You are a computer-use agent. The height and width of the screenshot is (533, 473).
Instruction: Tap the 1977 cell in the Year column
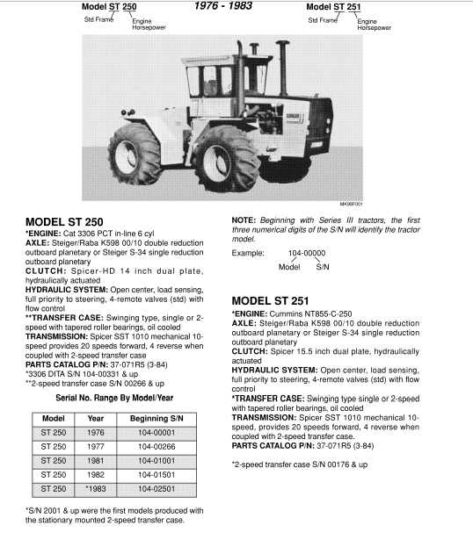pos(96,446)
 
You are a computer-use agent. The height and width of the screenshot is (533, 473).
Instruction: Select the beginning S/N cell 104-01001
pos(156,460)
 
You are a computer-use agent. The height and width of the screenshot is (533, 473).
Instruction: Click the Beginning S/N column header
pos(156,418)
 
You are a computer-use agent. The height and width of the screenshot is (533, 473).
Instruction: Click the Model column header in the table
pos(53,418)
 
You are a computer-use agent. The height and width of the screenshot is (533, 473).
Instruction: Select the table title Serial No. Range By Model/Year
pos(106,397)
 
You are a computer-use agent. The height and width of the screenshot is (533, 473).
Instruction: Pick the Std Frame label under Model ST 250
pos(86,18)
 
